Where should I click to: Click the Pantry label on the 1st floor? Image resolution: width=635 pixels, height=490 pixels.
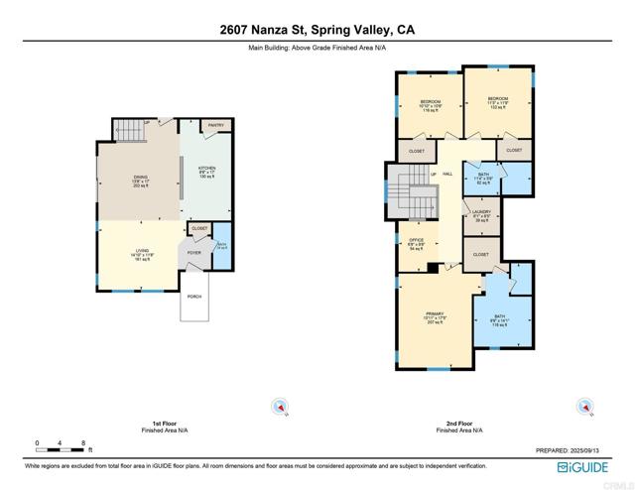coord(215,125)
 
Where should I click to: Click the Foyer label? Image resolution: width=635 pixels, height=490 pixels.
coord(193,252)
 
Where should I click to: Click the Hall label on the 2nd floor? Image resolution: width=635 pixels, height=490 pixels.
coord(447,174)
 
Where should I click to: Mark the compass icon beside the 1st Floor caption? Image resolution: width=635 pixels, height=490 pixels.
coord(281,405)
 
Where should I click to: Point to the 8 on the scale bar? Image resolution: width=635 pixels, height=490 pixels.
coord(83,442)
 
